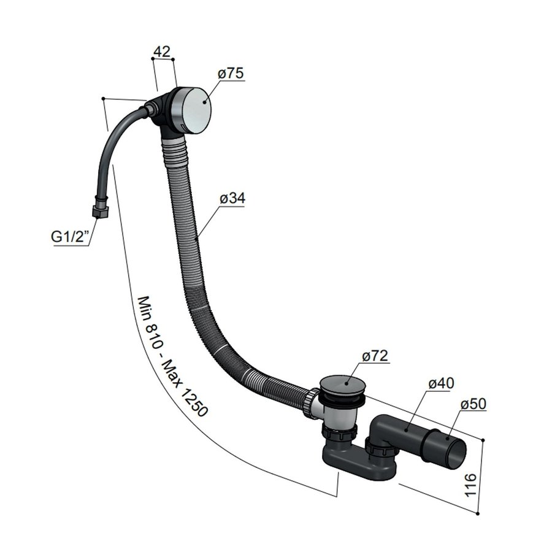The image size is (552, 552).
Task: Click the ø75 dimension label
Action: [x=231, y=74]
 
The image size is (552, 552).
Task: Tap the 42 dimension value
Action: [x=161, y=52]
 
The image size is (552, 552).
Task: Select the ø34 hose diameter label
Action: [x=231, y=199]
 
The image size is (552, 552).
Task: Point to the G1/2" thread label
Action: [x=70, y=236]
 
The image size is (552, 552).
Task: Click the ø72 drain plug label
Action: [x=375, y=356]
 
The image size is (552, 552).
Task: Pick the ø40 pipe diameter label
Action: [x=440, y=383]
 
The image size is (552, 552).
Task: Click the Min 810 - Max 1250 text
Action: [x=172, y=357]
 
